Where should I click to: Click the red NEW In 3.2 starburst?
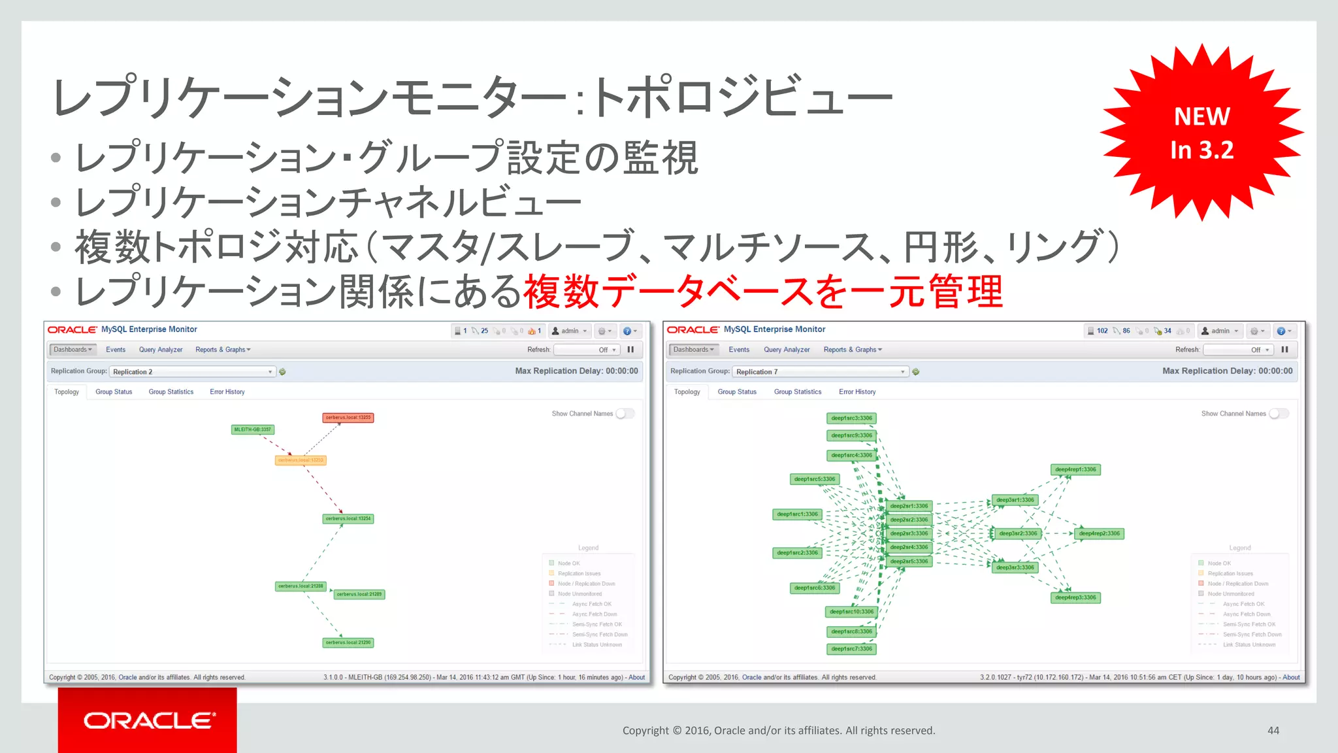point(1201,133)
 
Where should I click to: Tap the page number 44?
point(1273,730)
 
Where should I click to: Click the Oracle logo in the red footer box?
point(148,720)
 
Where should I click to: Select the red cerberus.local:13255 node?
point(348,418)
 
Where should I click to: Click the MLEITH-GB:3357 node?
point(252,429)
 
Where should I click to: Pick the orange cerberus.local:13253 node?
point(300,460)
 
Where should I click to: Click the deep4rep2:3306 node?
point(1099,533)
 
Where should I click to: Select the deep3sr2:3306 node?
point(1017,533)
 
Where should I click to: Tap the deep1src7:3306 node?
point(851,649)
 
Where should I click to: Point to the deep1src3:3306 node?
point(851,418)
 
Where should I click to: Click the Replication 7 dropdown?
point(820,372)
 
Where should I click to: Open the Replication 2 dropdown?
point(192,372)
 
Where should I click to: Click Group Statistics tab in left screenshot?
point(171,392)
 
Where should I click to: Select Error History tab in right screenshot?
point(857,392)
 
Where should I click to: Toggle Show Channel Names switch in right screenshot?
point(1279,414)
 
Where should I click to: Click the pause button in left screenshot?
point(630,350)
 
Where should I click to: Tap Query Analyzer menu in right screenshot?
point(787,350)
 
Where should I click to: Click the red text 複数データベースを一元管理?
point(762,292)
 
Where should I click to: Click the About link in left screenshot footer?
point(636,677)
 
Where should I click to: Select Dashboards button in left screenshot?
point(73,350)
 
